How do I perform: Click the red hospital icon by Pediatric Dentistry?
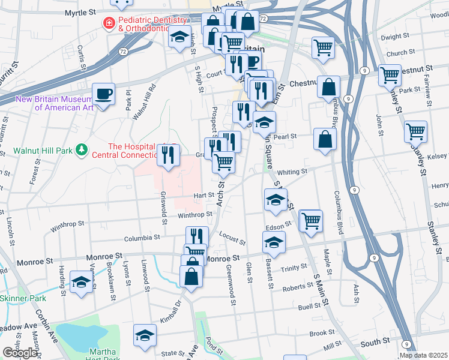109,23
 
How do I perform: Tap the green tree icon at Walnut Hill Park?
82,150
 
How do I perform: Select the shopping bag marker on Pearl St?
325,138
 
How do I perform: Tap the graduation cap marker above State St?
145,336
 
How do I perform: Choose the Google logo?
20,353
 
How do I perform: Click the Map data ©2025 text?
423,355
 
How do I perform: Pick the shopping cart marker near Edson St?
311,220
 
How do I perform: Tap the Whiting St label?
292,172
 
